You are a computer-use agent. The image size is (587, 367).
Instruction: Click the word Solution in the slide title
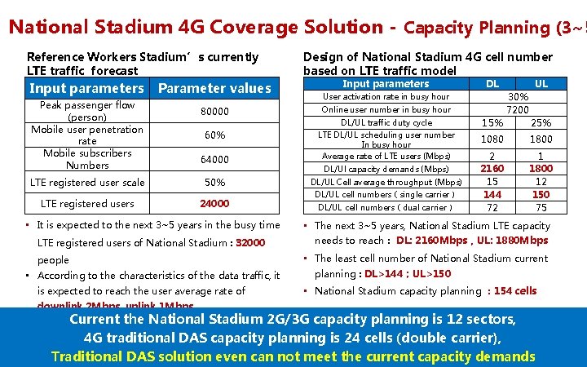tap(340, 27)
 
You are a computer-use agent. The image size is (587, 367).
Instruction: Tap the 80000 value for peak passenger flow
tap(215, 111)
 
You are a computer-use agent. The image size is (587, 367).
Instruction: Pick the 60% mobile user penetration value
tap(215, 135)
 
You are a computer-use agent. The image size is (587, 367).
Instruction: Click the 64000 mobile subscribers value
tap(215, 159)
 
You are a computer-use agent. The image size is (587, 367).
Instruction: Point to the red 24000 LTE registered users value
tap(215, 203)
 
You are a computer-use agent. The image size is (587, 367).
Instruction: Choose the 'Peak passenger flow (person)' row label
tap(87, 111)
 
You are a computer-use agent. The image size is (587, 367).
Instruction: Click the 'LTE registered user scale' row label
tap(87, 182)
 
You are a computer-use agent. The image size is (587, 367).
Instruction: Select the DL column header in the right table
tap(492, 84)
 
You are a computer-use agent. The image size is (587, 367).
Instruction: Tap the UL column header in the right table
tap(541, 84)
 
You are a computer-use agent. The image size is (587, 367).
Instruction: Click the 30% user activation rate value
tap(518, 96)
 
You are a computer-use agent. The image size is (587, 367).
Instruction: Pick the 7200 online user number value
tap(518, 109)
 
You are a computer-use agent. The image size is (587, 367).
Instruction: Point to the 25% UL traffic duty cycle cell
tap(541, 122)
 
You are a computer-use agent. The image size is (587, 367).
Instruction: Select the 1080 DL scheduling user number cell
tap(492, 139)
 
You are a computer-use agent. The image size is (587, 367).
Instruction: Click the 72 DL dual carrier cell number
tap(492, 207)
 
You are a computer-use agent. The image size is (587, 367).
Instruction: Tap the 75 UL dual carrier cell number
tap(541, 207)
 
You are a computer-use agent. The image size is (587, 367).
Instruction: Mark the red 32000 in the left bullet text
tap(249, 243)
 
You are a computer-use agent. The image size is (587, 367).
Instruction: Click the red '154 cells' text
tap(515, 291)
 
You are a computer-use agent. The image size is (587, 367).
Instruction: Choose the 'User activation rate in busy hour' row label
tap(386, 96)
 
